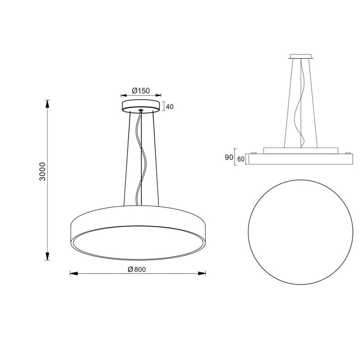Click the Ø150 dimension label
pyautogui.click(x=140, y=91)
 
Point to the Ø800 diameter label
pyautogui.click(x=137, y=269)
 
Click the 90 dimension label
pyautogui.click(x=229, y=158)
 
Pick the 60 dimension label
pyautogui.click(x=240, y=159)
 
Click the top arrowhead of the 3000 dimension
pyautogui.click(x=48, y=103)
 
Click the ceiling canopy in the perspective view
pyautogui.click(x=140, y=106)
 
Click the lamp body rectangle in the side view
pyautogui.click(x=298, y=159)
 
